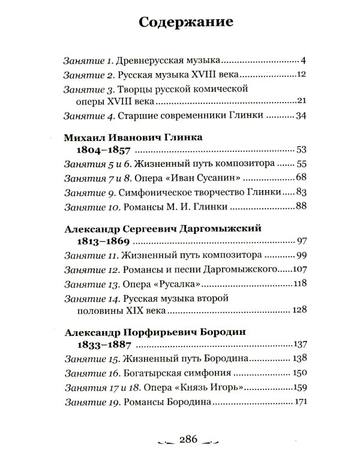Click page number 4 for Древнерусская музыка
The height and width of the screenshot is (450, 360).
point(304,61)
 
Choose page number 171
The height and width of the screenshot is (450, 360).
point(299,401)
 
